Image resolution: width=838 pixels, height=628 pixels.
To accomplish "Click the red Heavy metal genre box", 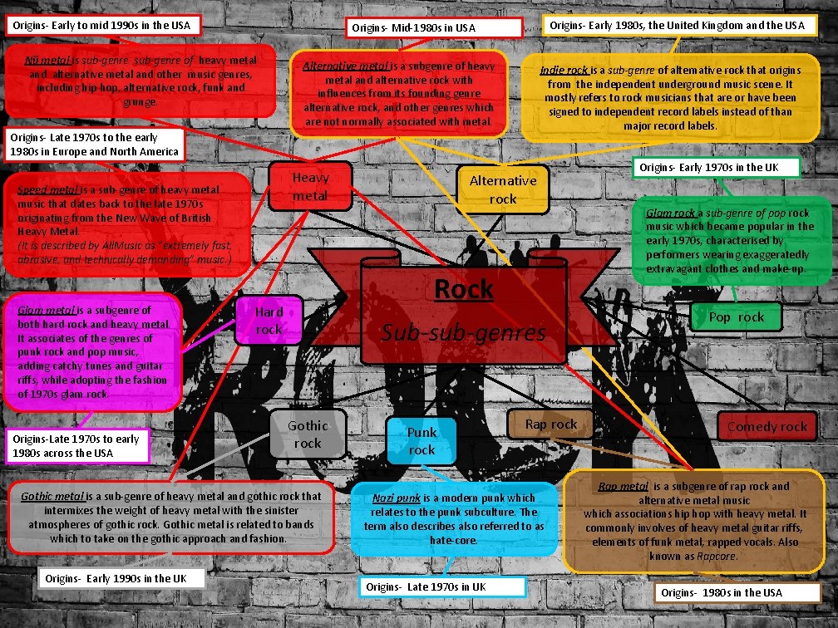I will coord(310,187).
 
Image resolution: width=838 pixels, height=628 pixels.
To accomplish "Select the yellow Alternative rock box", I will coord(503,189).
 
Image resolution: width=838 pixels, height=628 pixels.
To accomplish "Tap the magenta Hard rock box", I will coord(269,321).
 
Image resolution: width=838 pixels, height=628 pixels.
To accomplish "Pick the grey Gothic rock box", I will coord(308,434).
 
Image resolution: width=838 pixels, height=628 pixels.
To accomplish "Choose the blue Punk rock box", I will coord(421,440).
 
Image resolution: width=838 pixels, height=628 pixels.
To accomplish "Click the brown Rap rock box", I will coord(550,424).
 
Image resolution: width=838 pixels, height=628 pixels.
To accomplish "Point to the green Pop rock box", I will coord(736,316).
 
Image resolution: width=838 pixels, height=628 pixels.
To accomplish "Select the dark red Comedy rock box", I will coord(767,426).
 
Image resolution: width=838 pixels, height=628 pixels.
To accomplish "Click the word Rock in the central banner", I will coord(464,290).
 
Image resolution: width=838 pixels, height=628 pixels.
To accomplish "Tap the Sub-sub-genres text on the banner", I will coord(463,333).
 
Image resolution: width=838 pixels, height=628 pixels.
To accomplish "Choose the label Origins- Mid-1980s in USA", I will coord(413,28).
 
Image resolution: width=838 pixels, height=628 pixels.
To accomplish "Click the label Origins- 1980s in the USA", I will coord(722,592).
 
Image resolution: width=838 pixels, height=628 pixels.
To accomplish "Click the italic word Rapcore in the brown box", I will coord(716,556).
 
